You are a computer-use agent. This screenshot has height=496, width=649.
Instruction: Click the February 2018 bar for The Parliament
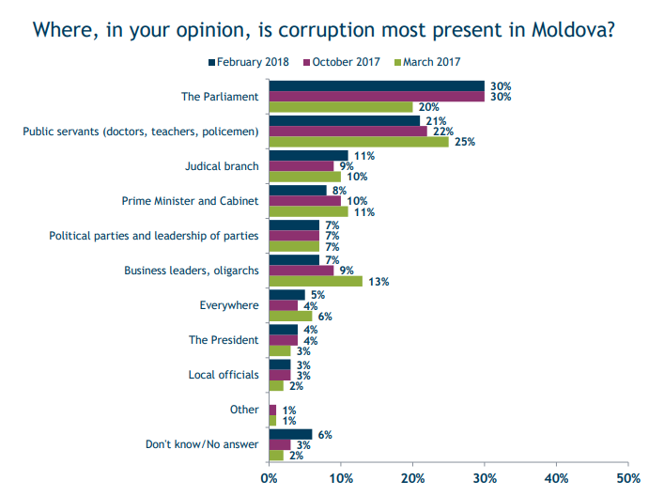(377, 85)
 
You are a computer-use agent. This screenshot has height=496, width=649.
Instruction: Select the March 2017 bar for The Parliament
(341, 106)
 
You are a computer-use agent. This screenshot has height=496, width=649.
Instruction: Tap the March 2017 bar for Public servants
(359, 142)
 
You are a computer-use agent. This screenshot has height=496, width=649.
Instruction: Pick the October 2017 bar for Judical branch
(301, 165)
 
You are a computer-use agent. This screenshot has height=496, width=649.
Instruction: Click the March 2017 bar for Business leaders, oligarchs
(316, 281)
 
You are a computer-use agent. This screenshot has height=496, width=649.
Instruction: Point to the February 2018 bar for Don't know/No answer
(290, 434)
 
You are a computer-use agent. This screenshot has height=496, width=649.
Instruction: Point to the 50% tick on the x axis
(627, 478)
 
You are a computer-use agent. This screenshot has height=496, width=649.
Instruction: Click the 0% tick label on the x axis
(269, 478)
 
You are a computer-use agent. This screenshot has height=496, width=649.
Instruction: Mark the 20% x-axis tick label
(412, 478)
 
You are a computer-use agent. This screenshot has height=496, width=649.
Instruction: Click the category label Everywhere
(229, 305)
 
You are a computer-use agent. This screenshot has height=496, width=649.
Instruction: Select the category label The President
(224, 340)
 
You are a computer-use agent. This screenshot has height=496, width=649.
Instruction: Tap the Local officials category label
(224, 375)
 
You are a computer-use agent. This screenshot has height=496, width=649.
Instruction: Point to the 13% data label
(378, 281)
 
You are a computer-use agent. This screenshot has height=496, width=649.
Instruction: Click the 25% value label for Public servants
(464, 142)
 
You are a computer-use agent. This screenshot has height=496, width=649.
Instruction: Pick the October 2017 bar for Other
(272, 410)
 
